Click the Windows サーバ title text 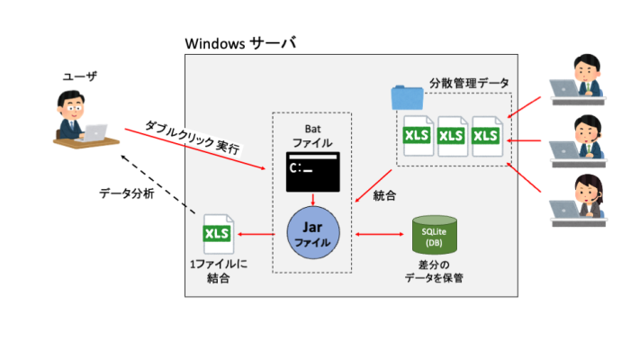click(x=239, y=43)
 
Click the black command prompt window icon click(x=311, y=171)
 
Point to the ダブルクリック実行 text click(x=193, y=137)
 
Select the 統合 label click(x=384, y=193)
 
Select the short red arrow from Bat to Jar click(x=311, y=199)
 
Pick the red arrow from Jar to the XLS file click(x=261, y=236)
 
